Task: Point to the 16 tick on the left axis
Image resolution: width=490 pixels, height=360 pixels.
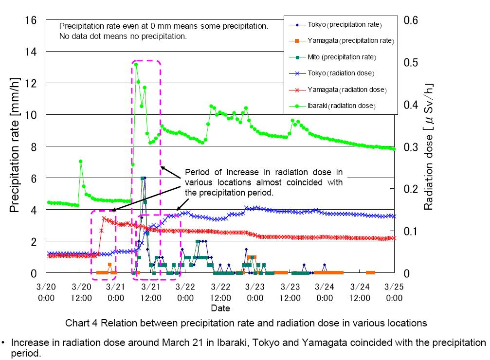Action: (x=30, y=20)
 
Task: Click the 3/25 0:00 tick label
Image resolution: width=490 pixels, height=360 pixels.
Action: (x=394, y=292)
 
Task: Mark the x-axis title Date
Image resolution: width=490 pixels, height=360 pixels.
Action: (x=220, y=308)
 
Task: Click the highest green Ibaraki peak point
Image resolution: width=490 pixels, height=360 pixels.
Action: (x=136, y=64)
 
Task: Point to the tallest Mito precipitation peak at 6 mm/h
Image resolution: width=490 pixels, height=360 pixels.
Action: (x=142, y=179)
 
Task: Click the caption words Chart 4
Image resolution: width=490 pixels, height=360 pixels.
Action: (x=81, y=323)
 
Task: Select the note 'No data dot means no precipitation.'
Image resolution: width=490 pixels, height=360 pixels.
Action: (x=123, y=36)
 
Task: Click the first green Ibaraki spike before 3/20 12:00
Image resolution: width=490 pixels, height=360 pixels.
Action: (x=81, y=161)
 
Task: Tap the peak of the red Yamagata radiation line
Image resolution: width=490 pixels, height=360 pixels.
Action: (x=104, y=218)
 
